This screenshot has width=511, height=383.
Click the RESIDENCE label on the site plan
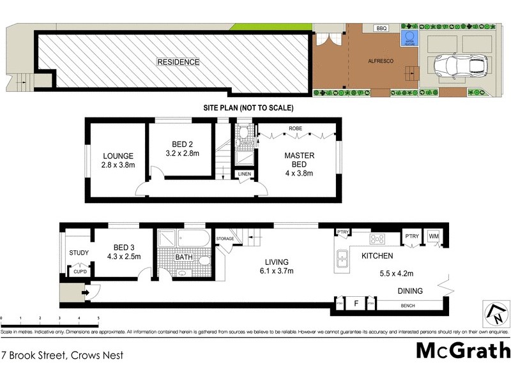(x=179, y=62)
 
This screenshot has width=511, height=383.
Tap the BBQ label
(x=382, y=29)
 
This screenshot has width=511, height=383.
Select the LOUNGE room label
(x=118, y=156)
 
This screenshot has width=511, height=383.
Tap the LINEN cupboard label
(x=245, y=174)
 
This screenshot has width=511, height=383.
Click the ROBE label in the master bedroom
(x=295, y=128)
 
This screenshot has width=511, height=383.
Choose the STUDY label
(x=79, y=253)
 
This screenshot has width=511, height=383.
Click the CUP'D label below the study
(x=80, y=271)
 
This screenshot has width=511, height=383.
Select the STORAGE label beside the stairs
(x=225, y=239)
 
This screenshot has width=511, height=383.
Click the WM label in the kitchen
(x=434, y=237)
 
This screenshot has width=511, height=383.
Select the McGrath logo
(x=463, y=351)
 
